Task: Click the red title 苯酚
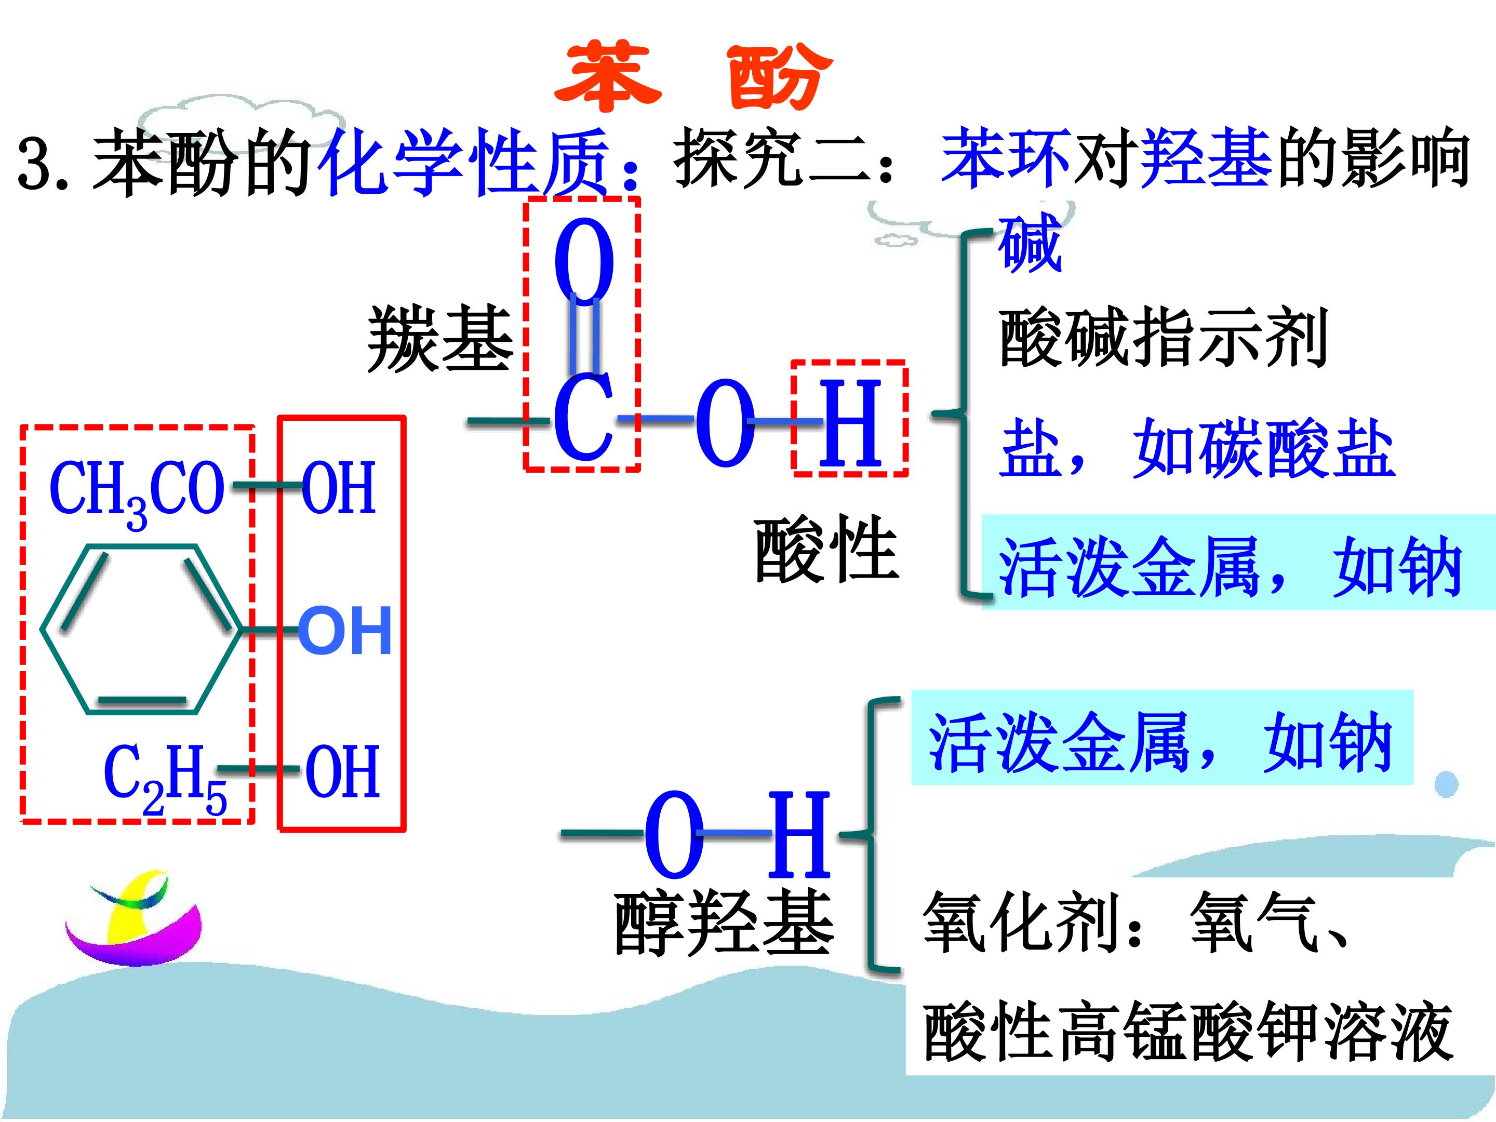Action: [693, 76]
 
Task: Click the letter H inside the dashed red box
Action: [850, 423]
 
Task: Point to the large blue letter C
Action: [583, 418]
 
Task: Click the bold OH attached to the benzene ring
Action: [345, 630]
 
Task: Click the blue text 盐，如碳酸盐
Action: [1197, 448]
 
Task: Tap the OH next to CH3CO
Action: [338, 488]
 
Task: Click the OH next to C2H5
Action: [342, 772]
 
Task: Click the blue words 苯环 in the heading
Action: [1006, 161]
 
